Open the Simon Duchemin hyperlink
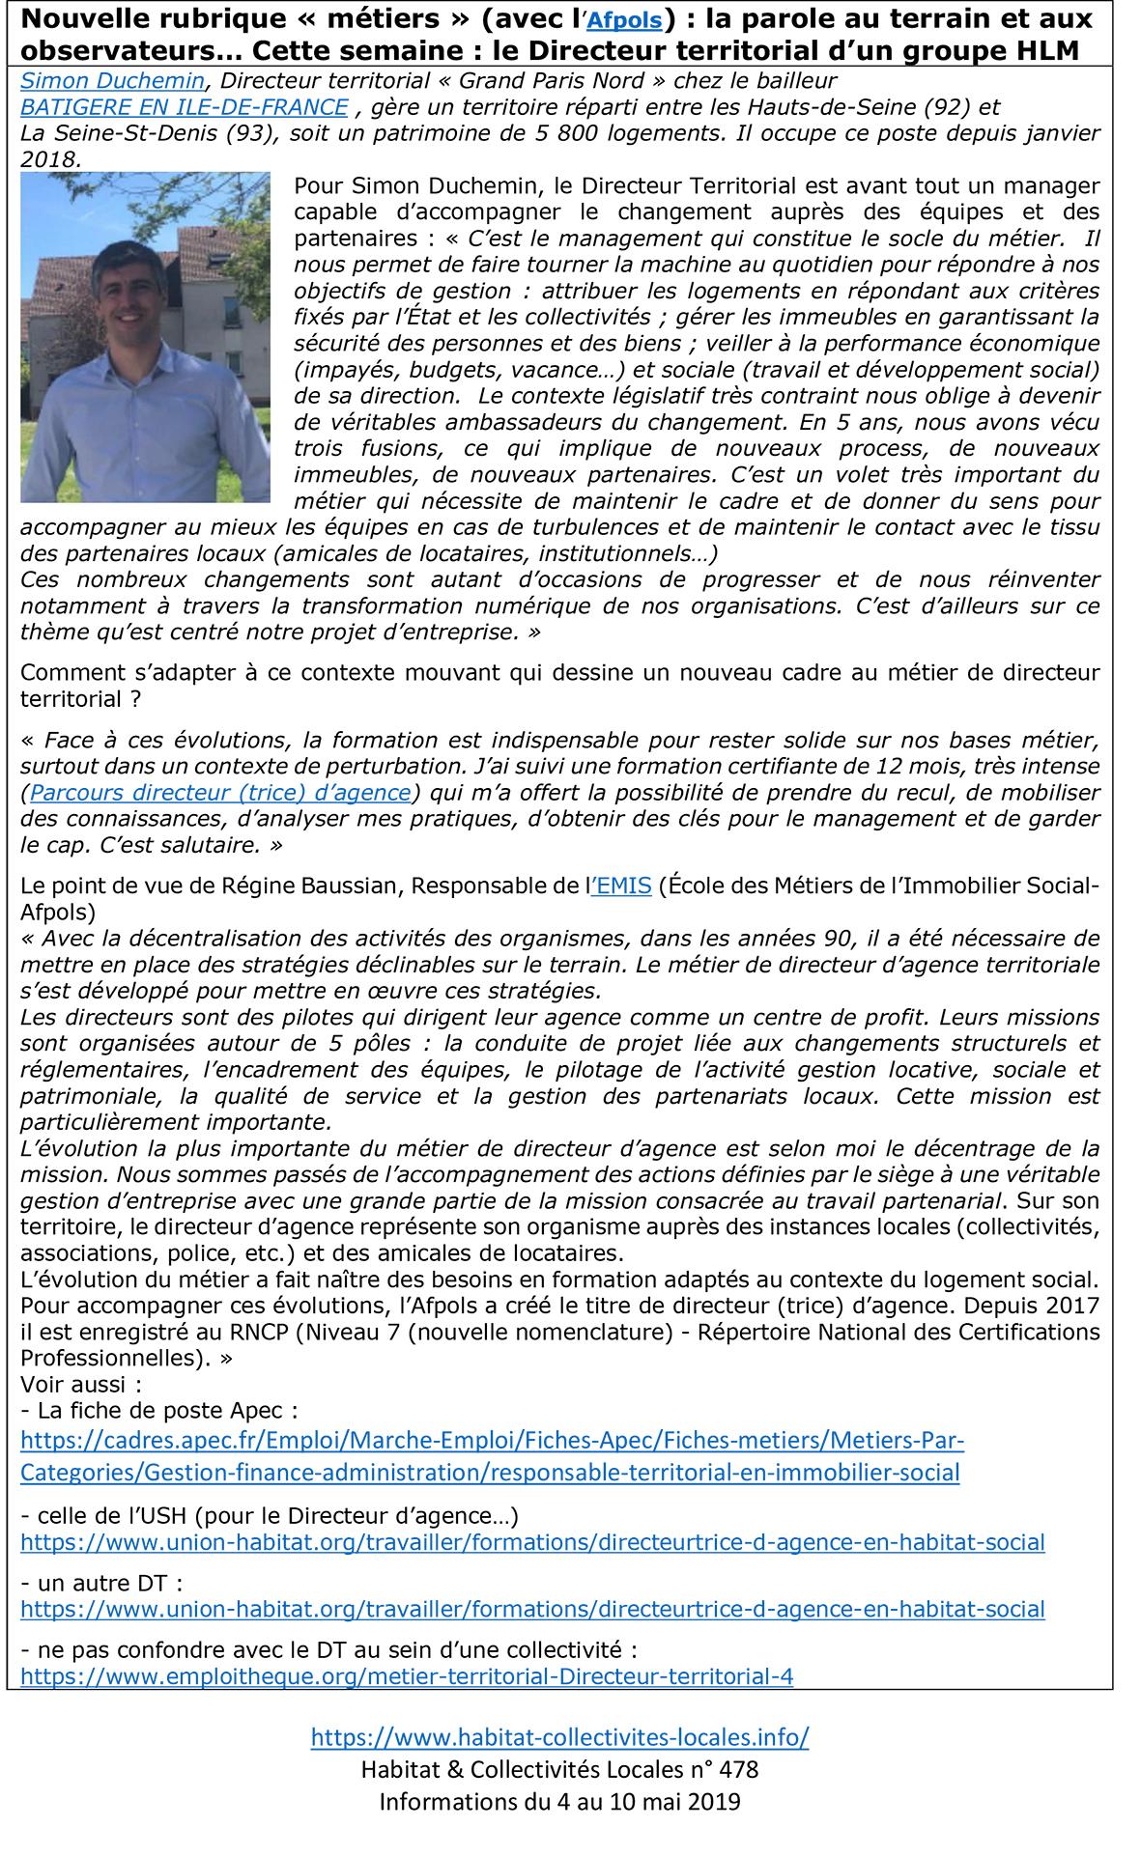coord(112,81)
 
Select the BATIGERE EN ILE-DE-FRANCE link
coord(185,107)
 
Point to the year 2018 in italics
coord(49,159)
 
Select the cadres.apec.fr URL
coord(492,1456)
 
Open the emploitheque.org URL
coord(407,1675)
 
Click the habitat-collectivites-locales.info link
coord(559,1737)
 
